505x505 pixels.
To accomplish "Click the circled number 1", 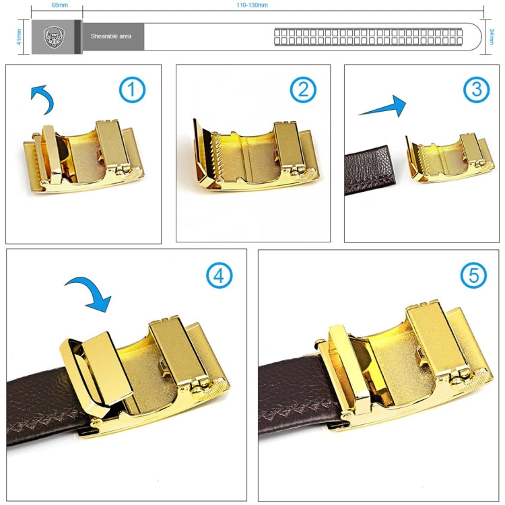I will pos(133,90).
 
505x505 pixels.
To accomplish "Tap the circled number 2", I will pos(303,90).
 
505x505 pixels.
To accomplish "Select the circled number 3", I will pos(475,90).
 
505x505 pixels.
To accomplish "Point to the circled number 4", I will pos(219,275).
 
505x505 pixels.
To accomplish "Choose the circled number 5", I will pos(473,275).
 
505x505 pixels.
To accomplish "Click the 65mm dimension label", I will pos(59,5).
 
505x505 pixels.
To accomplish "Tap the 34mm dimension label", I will pos(493,36).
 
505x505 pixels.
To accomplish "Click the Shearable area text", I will pos(112,36).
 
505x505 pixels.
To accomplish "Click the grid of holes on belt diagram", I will pos(368,36).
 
